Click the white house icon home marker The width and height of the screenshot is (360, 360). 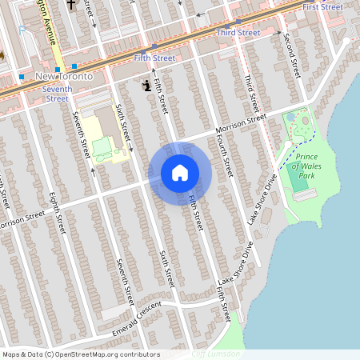click(x=180, y=173)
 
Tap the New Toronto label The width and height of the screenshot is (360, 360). click(x=65, y=75)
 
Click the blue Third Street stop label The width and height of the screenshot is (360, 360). click(x=238, y=32)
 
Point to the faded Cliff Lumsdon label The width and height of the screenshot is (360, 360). click(x=216, y=354)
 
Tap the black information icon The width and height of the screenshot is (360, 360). click(x=146, y=85)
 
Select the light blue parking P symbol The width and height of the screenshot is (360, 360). click(x=23, y=30)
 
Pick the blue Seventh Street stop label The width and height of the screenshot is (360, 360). click(x=57, y=93)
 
